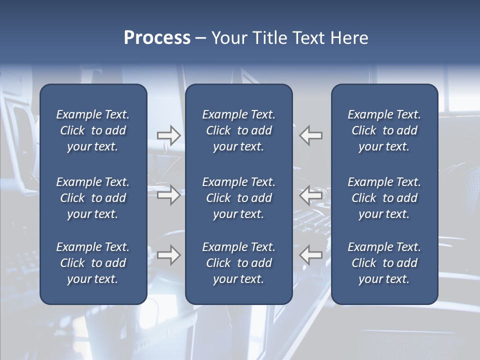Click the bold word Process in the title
[157, 38]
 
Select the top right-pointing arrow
[169, 135]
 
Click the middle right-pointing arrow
[169, 195]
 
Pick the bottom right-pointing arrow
[169, 255]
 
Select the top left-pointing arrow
[310, 135]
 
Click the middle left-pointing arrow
[310, 195]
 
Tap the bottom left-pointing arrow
[310, 255]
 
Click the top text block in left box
[93, 130]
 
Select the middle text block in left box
[93, 198]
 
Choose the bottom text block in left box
[93, 263]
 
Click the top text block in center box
[238, 130]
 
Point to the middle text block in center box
[238, 198]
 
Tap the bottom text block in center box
[238, 263]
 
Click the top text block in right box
[384, 130]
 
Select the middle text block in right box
[384, 198]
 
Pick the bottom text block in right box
[384, 263]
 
